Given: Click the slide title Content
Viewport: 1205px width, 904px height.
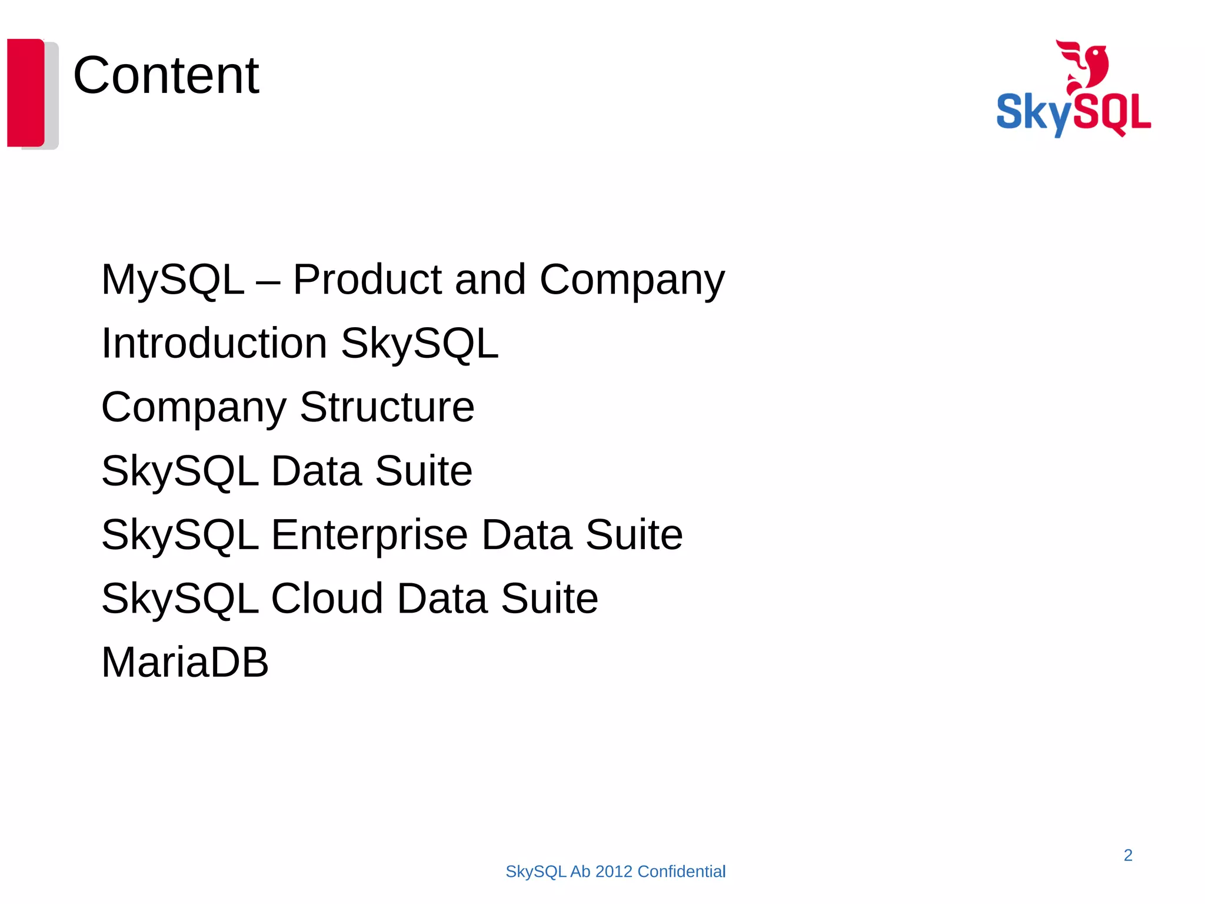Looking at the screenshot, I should click(x=166, y=75).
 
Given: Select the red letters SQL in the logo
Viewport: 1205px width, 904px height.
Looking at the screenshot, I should click(x=1116, y=112).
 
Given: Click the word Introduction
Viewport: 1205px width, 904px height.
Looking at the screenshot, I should click(x=214, y=343).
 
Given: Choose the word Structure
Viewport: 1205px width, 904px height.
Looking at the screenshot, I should click(x=387, y=407).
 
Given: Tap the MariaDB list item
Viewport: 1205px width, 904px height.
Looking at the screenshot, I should click(x=185, y=662).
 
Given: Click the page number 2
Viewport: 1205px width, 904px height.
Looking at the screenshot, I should click(x=1128, y=855).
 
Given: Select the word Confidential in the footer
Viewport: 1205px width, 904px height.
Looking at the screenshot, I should click(x=681, y=872).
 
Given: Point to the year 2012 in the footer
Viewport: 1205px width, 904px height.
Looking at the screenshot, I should click(x=614, y=872).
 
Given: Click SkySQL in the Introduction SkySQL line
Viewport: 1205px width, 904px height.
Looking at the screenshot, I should click(x=420, y=344).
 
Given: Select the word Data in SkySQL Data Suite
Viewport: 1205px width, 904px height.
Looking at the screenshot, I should click(x=316, y=471).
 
